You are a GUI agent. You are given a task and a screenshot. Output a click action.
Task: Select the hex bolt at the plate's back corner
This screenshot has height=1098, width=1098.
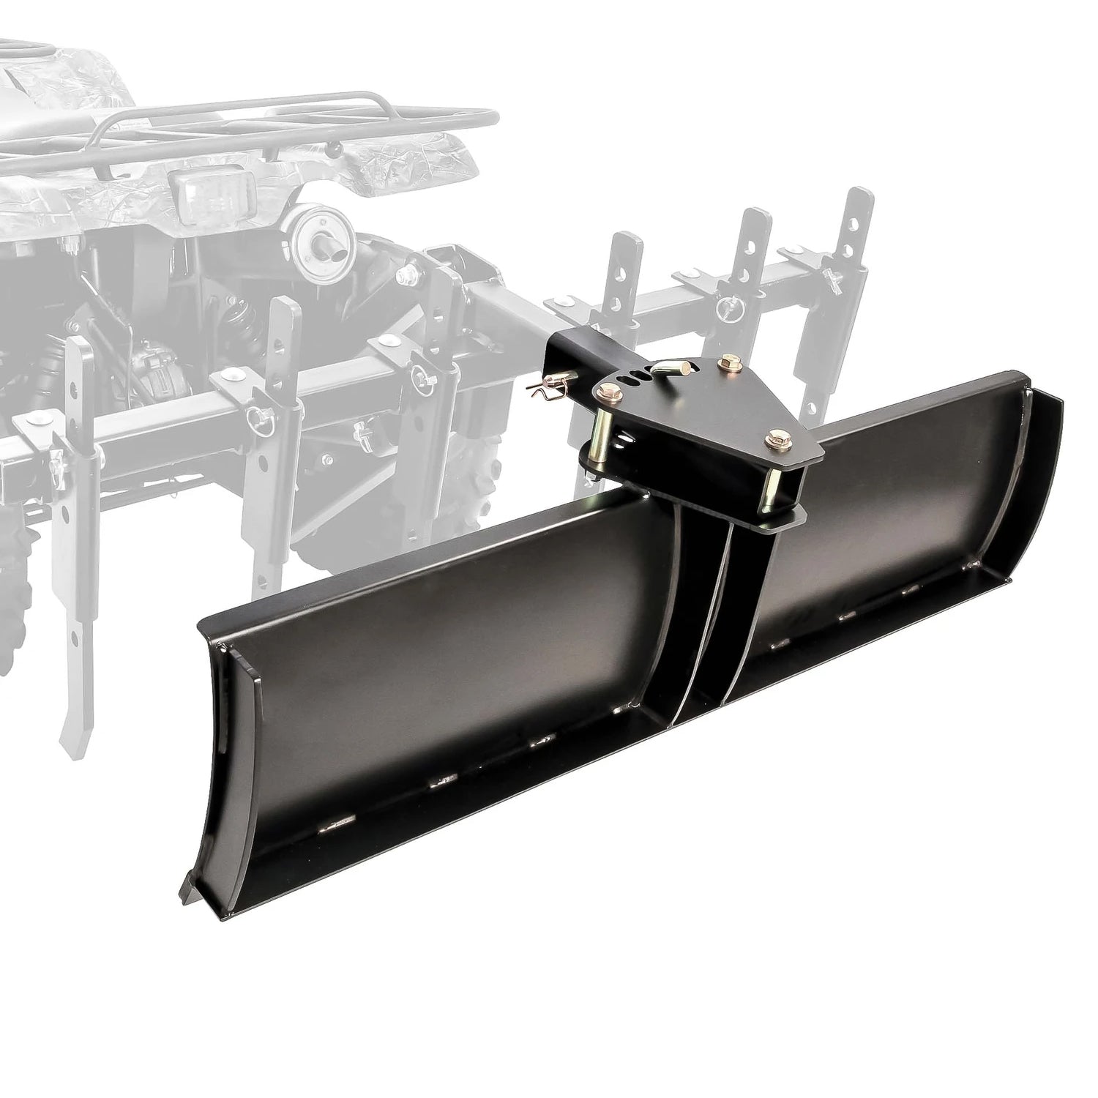point(729,361)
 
